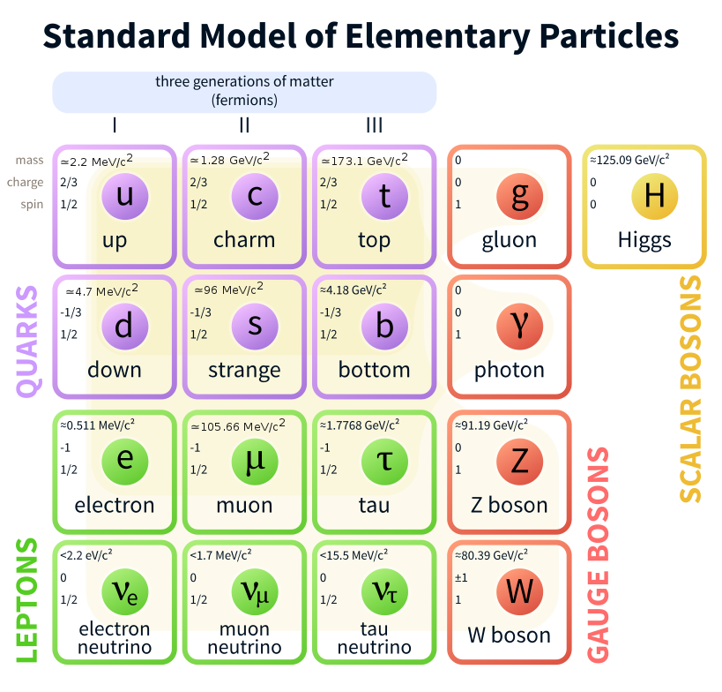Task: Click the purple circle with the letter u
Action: click(125, 195)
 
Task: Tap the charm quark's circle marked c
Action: click(255, 195)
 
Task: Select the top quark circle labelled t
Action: click(384, 195)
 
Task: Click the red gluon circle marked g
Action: click(519, 195)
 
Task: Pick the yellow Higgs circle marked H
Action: click(654, 195)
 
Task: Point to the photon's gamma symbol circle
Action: click(519, 326)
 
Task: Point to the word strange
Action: click(243, 370)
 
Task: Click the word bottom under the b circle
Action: click(374, 370)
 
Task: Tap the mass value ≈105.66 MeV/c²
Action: click(239, 426)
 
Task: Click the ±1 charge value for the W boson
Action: click(459, 577)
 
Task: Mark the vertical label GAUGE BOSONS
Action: click(599, 554)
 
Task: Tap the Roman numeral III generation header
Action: click(374, 125)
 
